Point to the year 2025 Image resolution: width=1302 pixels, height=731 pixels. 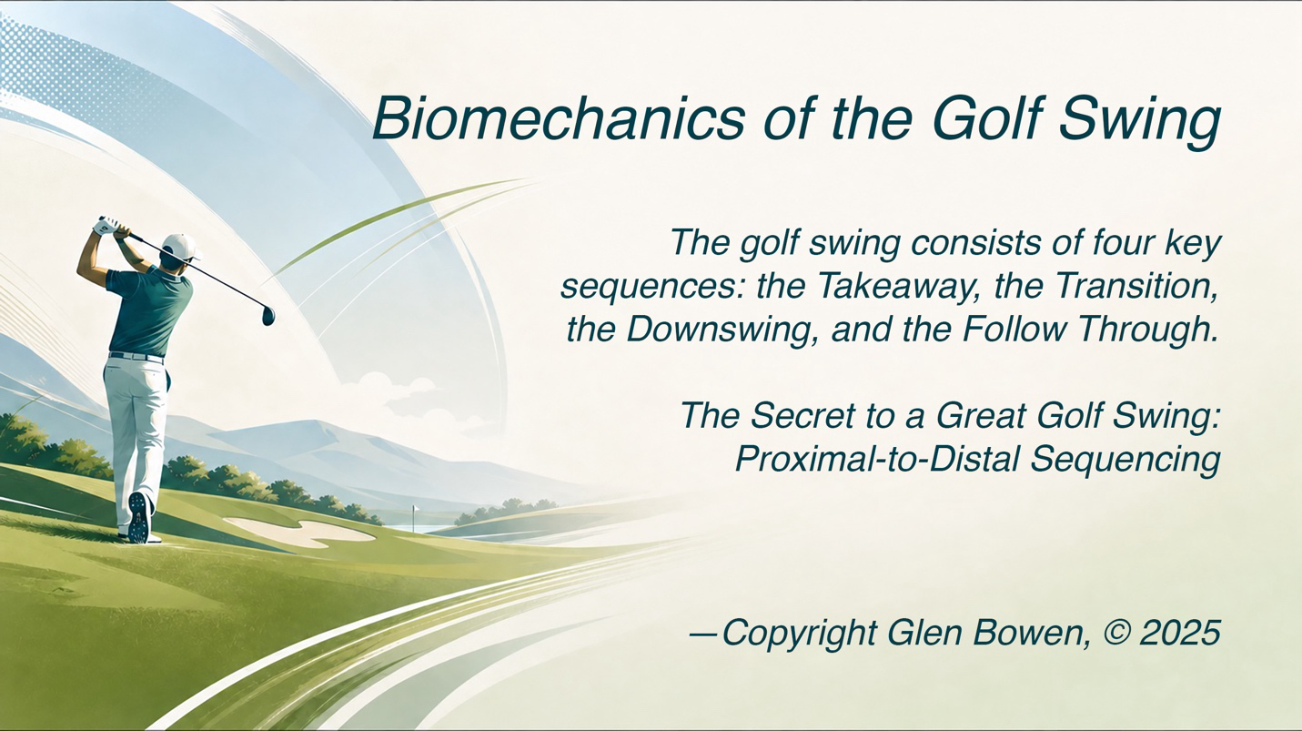1180,632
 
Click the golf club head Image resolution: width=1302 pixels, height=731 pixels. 268,315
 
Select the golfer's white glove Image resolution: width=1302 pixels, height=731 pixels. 108,227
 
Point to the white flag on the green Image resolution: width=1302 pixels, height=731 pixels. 415,510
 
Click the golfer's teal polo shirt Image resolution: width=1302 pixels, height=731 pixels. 151,311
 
